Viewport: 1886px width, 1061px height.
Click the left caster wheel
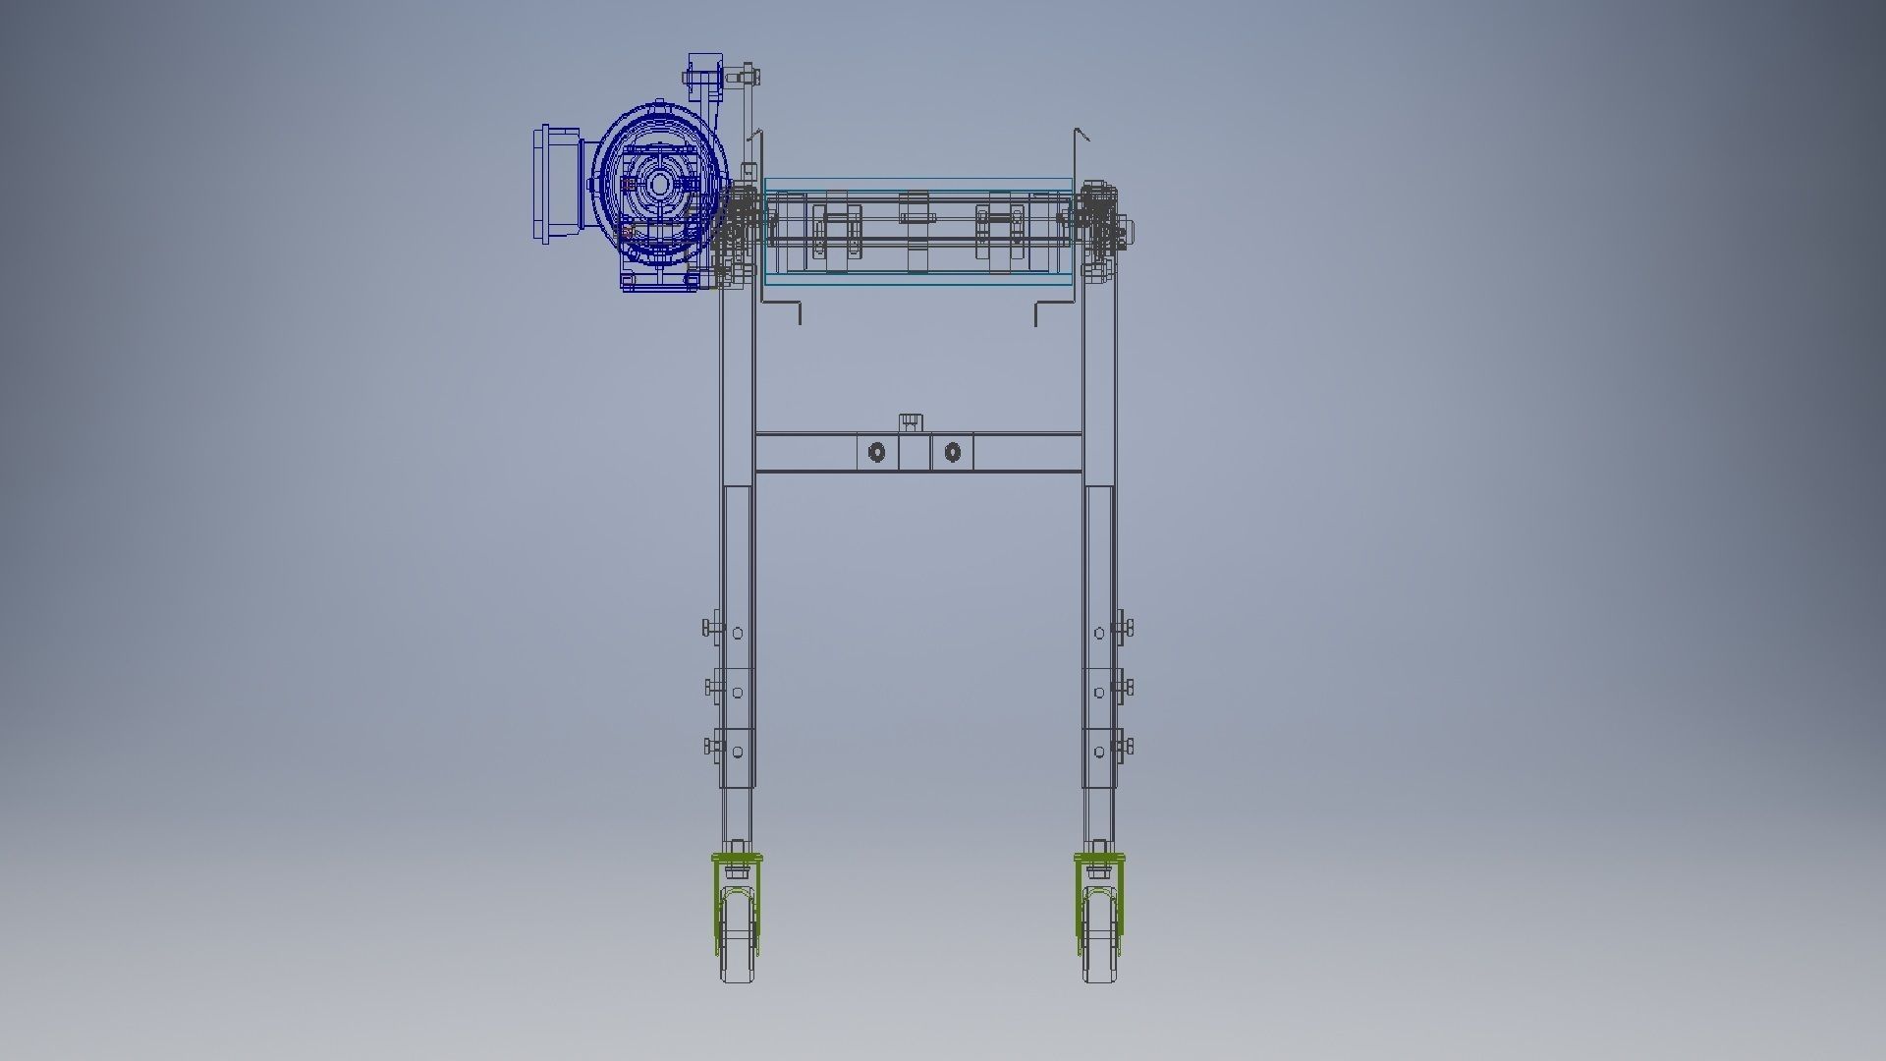click(737, 938)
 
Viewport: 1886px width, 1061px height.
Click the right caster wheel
click(1099, 938)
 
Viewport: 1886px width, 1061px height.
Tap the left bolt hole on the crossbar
click(876, 453)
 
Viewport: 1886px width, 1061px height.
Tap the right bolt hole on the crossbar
click(952, 453)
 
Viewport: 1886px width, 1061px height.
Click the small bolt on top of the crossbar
click(911, 422)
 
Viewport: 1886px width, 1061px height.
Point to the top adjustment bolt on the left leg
click(711, 627)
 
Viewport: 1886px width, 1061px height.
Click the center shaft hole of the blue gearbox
click(659, 185)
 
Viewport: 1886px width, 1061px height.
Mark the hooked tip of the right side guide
click(1081, 133)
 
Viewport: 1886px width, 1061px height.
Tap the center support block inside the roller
click(914, 231)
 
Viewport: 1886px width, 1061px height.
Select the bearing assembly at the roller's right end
click(1104, 228)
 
